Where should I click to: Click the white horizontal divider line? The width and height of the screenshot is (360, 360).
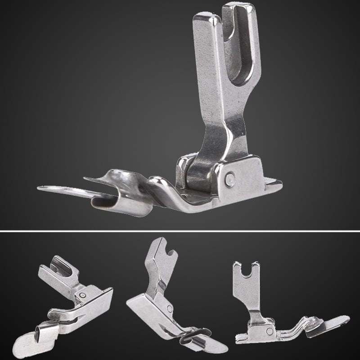click(180, 231)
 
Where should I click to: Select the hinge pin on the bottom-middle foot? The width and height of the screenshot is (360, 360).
click(169, 310)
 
